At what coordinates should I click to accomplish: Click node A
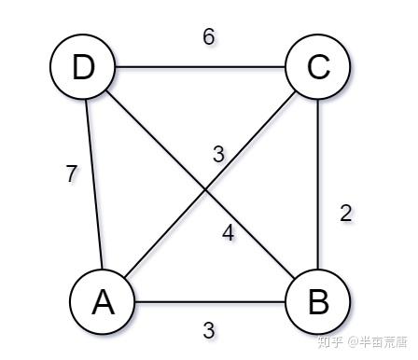(103, 301)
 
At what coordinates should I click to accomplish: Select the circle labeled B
(318, 301)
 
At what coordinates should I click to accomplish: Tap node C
(318, 66)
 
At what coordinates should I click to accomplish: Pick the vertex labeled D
(83, 66)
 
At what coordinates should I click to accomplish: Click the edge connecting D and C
(201, 66)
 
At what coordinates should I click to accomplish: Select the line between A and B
(210, 301)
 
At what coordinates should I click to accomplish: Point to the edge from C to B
(318, 184)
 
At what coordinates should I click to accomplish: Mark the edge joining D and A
(94, 184)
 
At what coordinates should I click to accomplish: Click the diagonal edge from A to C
(210, 184)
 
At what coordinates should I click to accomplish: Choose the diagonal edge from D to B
(201, 184)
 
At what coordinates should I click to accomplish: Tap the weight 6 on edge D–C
(209, 36)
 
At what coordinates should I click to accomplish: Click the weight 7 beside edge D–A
(72, 173)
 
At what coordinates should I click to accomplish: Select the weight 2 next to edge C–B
(346, 214)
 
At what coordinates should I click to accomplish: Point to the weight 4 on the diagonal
(229, 233)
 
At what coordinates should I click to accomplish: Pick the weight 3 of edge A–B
(209, 330)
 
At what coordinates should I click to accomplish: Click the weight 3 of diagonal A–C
(218, 154)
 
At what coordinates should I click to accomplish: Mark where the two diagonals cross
(205, 189)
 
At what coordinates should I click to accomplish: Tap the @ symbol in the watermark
(353, 342)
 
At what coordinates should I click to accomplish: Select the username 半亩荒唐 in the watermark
(383, 342)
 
